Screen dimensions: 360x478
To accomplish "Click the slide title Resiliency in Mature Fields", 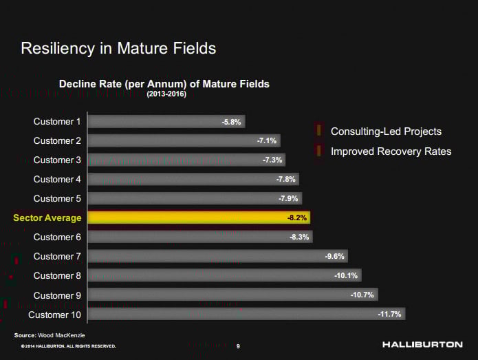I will click(118, 48).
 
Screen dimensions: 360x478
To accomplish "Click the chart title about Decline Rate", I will click(164, 83).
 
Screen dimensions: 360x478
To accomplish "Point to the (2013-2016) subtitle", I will click(164, 94).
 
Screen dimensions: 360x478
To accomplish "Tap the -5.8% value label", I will click(231, 122).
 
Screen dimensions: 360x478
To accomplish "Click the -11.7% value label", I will click(389, 314).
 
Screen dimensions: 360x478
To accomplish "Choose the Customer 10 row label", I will click(54, 315).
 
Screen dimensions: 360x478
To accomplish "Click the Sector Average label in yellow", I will click(47, 218).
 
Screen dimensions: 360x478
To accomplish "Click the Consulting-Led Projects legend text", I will click(386, 131).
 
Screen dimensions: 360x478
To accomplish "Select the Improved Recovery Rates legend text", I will click(391, 151).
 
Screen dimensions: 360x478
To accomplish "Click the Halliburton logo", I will click(422, 344).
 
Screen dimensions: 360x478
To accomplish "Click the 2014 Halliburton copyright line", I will click(69, 346).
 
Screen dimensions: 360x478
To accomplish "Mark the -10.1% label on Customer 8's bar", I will click(345, 275).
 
